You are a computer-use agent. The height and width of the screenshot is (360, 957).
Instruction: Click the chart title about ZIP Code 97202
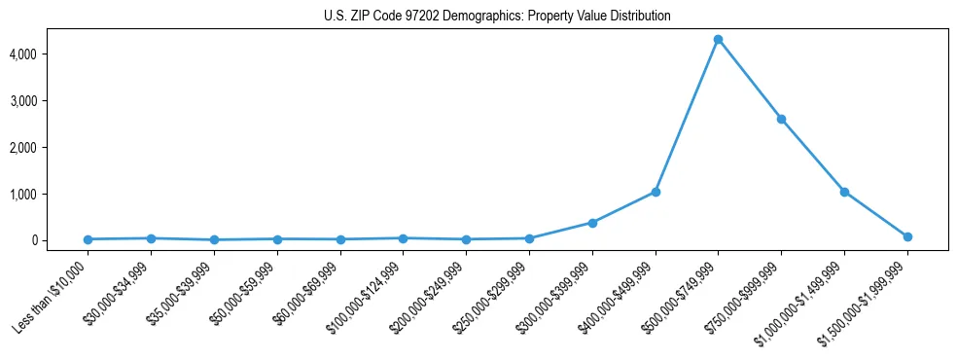[497, 17]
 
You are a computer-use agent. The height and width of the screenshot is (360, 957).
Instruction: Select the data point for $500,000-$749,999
[718, 40]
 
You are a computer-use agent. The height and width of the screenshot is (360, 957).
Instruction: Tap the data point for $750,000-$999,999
[781, 119]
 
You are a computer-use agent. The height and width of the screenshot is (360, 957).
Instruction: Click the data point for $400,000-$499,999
[656, 192]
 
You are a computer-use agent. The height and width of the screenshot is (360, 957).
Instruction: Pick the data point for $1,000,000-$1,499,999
[844, 192]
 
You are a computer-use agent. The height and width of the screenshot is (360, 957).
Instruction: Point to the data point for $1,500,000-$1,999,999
[907, 236]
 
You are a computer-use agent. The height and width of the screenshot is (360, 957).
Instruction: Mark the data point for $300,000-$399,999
[592, 223]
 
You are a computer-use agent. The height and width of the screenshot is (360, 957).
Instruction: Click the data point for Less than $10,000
[89, 239]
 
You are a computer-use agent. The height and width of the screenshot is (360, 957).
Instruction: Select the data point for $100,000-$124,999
[404, 238]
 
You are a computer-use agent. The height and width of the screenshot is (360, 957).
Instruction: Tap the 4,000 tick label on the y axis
[51, 54]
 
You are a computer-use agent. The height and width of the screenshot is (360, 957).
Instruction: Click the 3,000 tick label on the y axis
[51, 101]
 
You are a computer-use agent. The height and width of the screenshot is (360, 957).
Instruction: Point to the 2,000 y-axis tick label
[51, 148]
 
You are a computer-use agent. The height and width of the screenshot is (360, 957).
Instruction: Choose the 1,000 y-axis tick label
[51, 195]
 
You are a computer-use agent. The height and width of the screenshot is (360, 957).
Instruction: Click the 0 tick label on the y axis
[60, 240]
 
